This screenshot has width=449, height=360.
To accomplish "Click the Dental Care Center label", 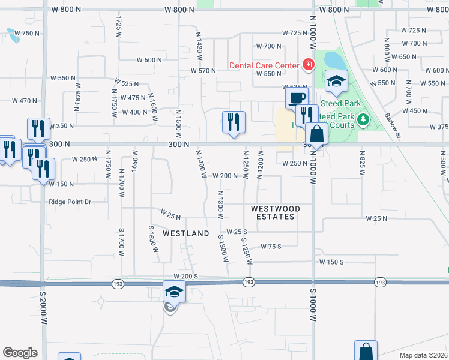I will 264,65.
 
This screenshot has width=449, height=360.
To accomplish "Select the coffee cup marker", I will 297,98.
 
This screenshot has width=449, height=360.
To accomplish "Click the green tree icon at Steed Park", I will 363,121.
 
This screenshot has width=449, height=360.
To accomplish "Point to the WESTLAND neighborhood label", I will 186,233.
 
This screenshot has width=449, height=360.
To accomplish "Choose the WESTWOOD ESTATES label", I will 274,212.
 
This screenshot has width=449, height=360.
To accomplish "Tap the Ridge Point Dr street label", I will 70,202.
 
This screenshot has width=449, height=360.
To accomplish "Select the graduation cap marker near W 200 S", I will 174,292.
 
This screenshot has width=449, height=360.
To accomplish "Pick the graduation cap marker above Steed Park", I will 336,82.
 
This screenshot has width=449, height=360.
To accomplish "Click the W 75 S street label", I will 271,246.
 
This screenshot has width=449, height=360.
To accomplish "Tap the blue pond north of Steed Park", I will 333,60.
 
